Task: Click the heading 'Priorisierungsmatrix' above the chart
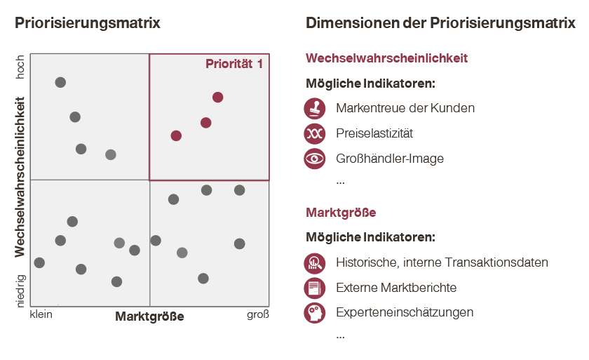(88, 23)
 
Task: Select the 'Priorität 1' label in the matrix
(234, 64)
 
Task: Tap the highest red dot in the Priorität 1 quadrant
(218, 97)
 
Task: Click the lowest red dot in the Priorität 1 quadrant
(176, 135)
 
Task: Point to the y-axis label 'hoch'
(20, 67)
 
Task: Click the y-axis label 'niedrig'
(20, 291)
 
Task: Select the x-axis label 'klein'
(41, 314)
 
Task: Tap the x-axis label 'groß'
(257, 314)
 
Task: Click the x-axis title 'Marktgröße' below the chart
(149, 316)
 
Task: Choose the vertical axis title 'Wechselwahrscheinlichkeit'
(20, 180)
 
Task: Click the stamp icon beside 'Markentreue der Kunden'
(315, 108)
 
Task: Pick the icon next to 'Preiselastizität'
(315, 133)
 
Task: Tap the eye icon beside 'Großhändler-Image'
(315, 159)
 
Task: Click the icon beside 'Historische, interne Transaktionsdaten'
(315, 262)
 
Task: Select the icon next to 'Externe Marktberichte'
(315, 288)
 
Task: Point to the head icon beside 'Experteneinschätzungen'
(315, 312)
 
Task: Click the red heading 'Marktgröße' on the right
(341, 212)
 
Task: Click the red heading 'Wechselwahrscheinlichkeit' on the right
(386, 58)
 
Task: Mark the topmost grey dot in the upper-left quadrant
(60, 83)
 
